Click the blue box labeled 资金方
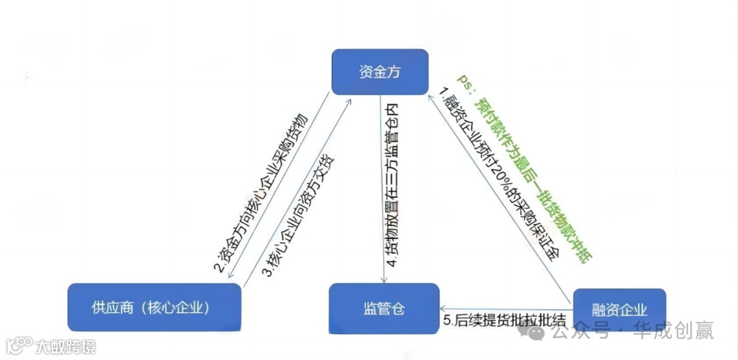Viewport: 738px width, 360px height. [x=379, y=71]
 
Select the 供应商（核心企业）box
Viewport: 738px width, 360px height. [x=154, y=308]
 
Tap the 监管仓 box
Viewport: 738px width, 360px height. [x=384, y=309]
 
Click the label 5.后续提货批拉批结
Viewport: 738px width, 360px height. [x=505, y=320]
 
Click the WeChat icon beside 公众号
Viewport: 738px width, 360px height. [x=534, y=332]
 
